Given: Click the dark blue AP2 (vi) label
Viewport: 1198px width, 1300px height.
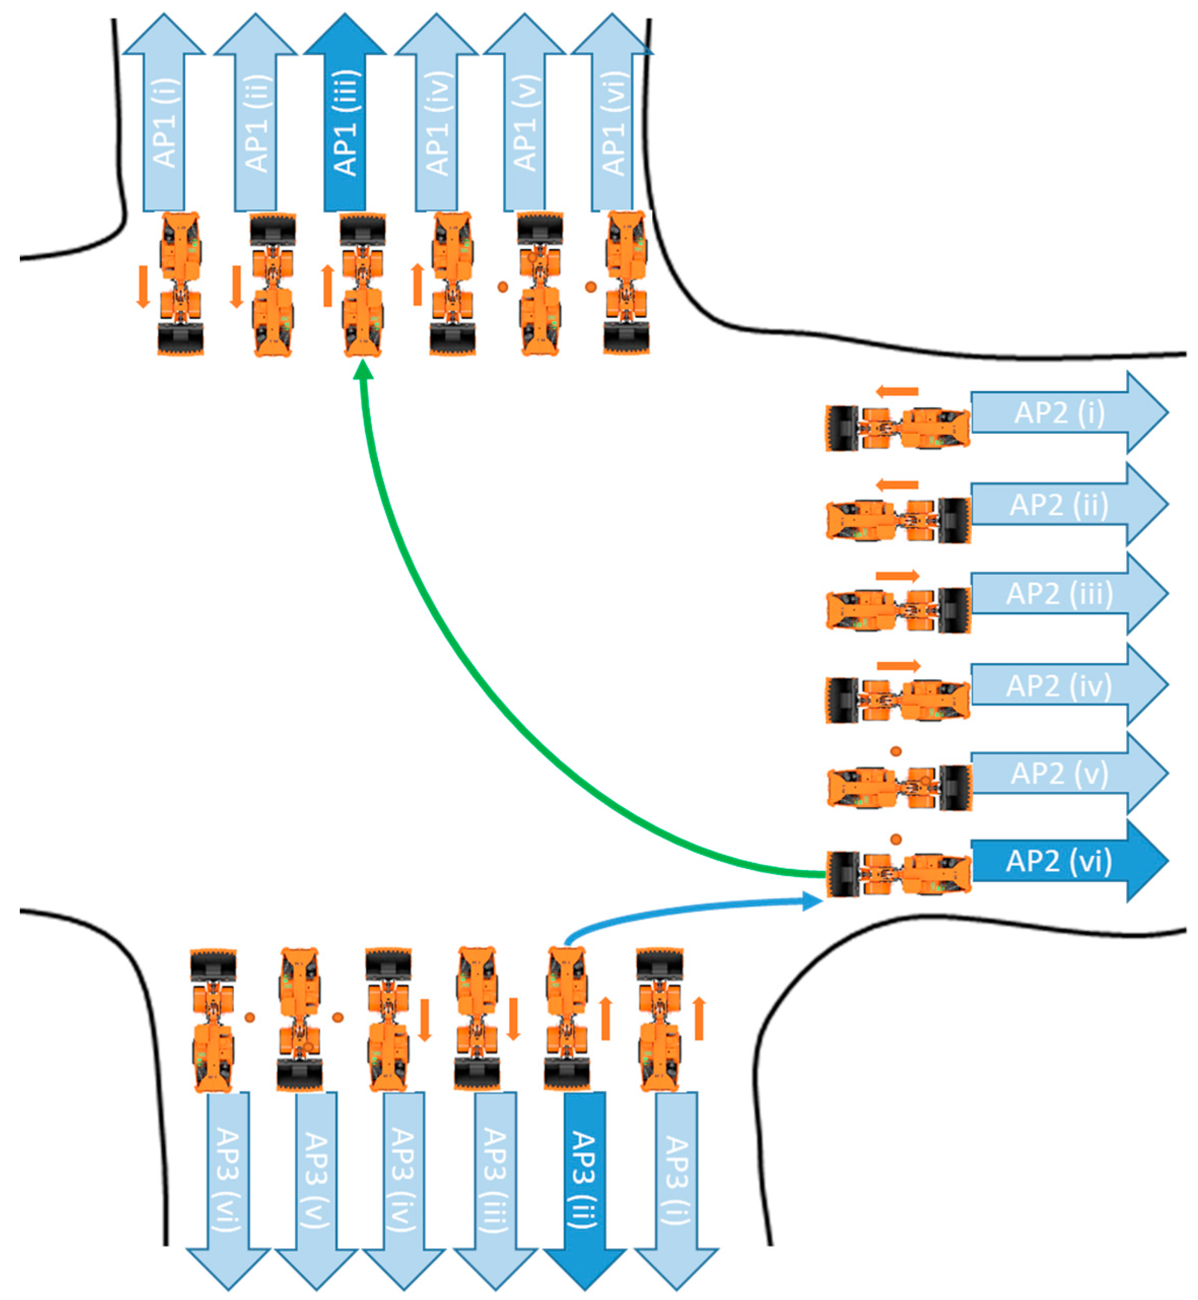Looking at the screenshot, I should [1058, 861].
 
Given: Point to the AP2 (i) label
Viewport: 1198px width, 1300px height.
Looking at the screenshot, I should [1058, 413].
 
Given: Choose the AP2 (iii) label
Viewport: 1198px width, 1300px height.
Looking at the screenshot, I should [1058, 593].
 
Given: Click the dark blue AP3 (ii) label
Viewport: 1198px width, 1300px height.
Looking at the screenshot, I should [585, 1179].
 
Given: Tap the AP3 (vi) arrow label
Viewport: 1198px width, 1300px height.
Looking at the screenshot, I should [227, 1179].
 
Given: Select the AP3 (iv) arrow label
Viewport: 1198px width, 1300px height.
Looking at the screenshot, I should [404, 1179].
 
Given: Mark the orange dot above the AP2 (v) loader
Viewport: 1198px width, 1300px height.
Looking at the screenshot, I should [896, 751].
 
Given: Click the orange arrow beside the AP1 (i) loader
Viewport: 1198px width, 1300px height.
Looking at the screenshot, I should [143, 286].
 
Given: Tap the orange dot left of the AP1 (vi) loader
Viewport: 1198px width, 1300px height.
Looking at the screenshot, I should [591, 287].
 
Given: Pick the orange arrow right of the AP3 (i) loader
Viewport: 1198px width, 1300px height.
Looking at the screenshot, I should [699, 1018].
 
